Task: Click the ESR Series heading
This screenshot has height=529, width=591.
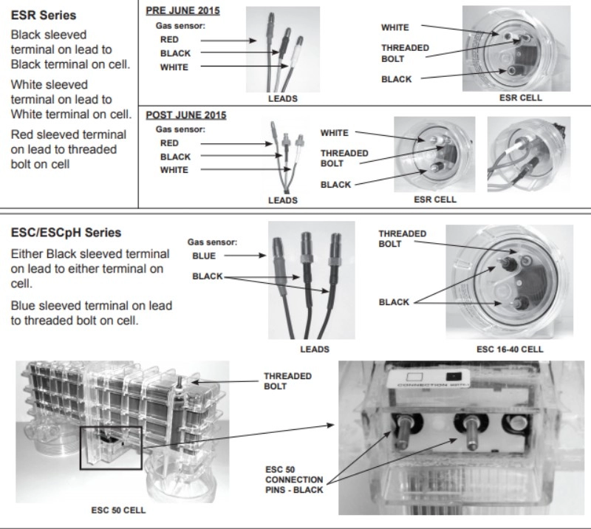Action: (43, 16)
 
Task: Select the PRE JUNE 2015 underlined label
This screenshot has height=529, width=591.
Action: (183, 11)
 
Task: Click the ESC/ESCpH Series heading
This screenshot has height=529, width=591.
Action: (66, 233)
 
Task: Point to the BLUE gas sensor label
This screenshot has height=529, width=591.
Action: (204, 256)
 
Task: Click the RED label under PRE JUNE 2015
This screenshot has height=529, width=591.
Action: (168, 40)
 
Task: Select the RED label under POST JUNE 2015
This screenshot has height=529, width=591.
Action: (169, 143)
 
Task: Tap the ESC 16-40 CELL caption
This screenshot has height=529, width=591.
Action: (510, 348)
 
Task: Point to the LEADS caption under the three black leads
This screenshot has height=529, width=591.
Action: (315, 349)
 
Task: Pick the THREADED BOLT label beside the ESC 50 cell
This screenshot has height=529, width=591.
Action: (287, 381)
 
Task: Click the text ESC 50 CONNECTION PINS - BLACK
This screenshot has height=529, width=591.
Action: (293, 479)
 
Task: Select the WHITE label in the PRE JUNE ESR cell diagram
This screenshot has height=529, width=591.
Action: (394, 27)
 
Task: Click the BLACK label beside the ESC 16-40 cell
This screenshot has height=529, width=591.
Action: (394, 302)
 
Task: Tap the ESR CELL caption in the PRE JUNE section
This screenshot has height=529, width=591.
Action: (520, 98)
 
